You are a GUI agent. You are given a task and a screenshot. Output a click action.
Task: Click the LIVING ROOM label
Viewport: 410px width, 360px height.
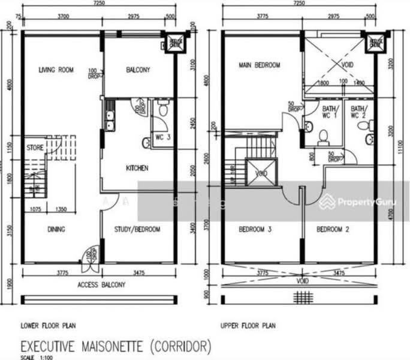tap(56, 70)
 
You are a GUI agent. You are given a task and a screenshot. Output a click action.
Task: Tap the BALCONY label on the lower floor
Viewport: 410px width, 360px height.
tap(138, 70)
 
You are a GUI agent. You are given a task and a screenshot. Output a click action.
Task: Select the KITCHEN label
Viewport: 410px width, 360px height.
tap(137, 168)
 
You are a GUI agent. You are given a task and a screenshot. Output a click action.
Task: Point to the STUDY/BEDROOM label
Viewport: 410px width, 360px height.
tap(137, 229)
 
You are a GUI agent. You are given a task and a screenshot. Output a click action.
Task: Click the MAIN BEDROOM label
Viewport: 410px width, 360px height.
tap(259, 65)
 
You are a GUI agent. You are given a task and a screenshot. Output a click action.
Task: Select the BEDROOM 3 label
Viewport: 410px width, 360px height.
tap(256, 229)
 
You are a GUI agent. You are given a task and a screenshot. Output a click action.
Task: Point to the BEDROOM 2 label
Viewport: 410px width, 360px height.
tap(333, 229)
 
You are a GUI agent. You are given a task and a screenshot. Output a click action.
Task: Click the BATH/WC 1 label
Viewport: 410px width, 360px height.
tap(329, 112)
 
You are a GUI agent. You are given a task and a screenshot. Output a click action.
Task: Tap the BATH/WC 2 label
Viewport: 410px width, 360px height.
tap(358, 112)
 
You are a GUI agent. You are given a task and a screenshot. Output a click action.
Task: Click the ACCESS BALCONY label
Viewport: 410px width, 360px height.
tap(101, 285)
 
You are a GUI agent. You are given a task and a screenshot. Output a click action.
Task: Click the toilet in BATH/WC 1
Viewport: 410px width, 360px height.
tap(322, 138)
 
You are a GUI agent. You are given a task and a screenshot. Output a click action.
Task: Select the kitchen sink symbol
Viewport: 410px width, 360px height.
tap(110, 118)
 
